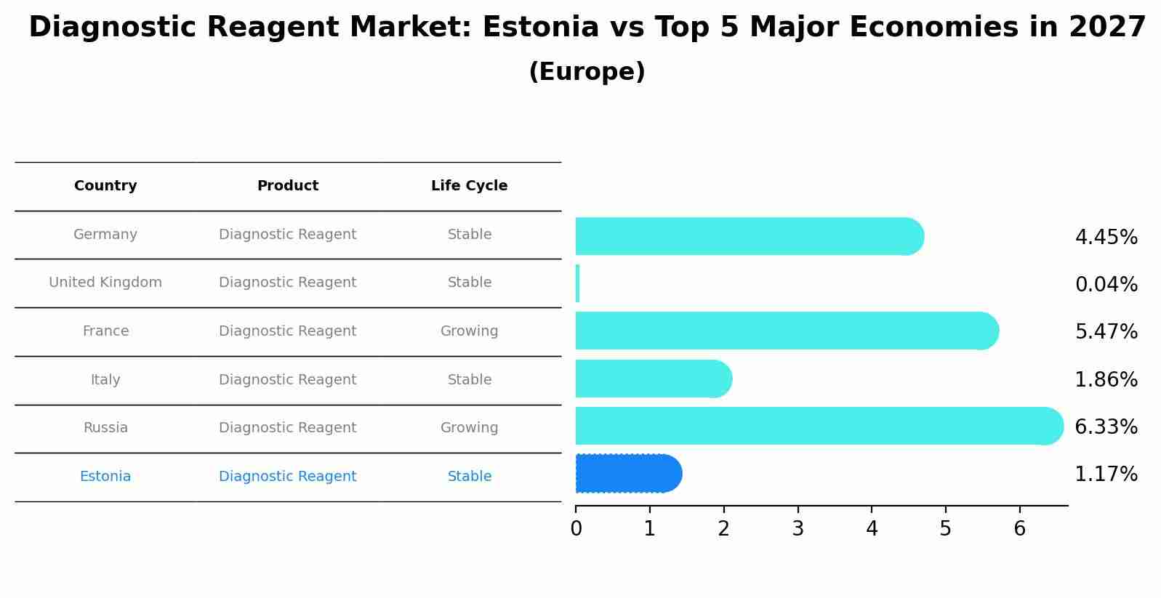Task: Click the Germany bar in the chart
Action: (749, 236)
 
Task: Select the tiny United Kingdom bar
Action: (577, 283)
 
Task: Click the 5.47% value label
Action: (1106, 332)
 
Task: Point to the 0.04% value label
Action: (1106, 285)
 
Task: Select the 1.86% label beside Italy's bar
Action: (1106, 380)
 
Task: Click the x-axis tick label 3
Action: (798, 529)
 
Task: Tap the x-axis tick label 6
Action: (1019, 529)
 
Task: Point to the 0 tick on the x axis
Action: (576, 529)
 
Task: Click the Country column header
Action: (105, 186)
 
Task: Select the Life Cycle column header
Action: (469, 186)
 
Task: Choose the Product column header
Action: (287, 186)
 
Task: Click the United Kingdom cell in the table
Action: (105, 283)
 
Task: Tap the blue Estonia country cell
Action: (105, 477)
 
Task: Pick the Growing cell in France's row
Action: (469, 331)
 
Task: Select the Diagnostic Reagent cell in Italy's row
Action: (287, 380)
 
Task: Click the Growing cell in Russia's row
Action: (469, 428)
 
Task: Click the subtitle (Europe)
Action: (587, 72)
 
